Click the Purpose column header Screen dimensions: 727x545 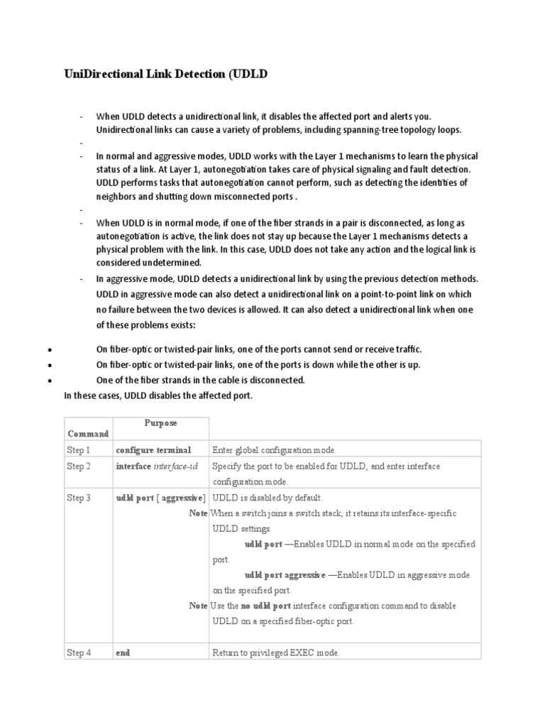[x=160, y=423]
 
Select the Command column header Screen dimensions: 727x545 [x=88, y=434]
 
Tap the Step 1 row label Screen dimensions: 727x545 [x=79, y=450]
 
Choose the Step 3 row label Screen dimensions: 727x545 [x=79, y=498]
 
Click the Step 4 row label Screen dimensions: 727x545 [x=79, y=653]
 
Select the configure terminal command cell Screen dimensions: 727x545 [x=153, y=450]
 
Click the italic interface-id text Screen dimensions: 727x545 [x=176, y=466]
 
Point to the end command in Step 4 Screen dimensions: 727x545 [x=123, y=653]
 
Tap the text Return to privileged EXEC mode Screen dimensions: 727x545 [x=276, y=653]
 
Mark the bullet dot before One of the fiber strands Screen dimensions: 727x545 [x=49, y=381]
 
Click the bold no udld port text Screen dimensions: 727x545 [x=265, y=606]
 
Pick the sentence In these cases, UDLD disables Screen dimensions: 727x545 [x=158, y=395]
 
